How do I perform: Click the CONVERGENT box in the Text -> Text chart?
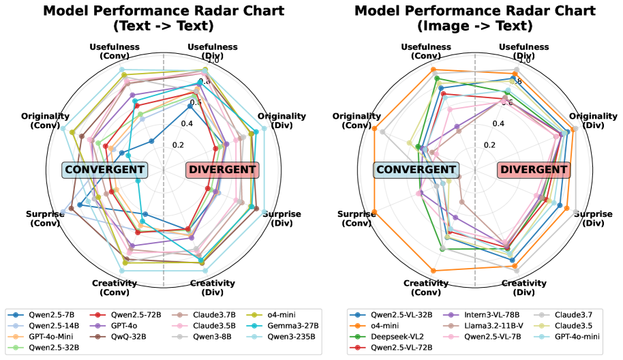(104, 170)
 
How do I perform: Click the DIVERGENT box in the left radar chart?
(223, 170)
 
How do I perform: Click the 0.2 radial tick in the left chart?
(179, 145)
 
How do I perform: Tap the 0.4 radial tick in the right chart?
(498, 123)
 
